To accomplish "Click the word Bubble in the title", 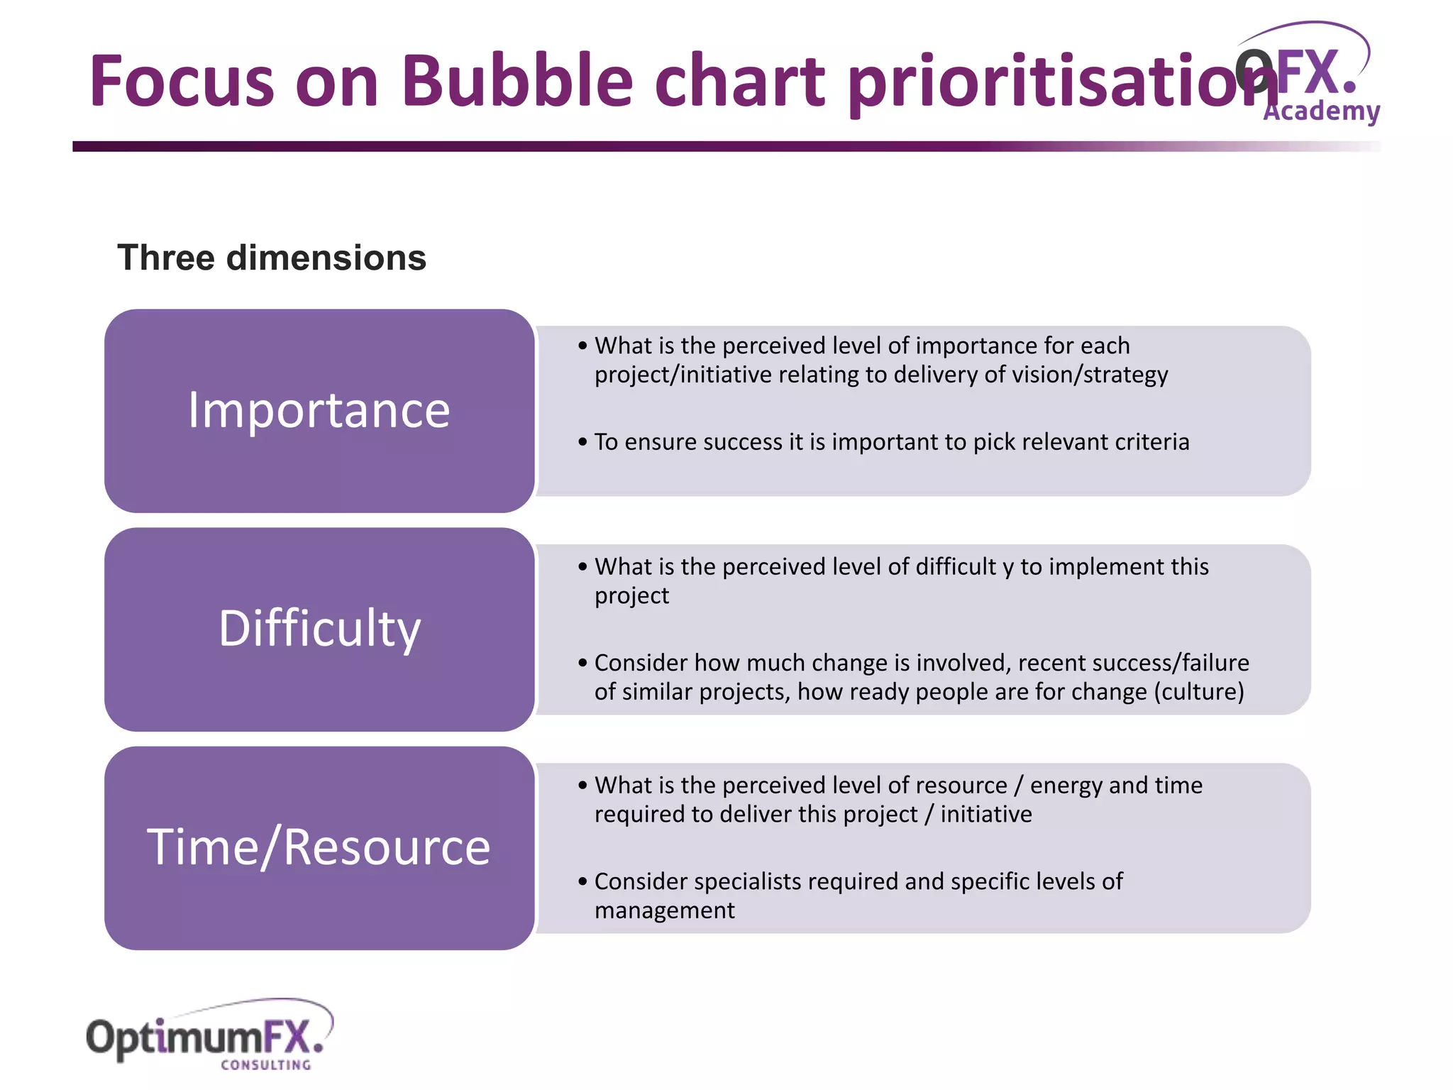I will (516, 81).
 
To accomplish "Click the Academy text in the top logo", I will (1321, 111).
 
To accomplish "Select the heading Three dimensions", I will (272, 258).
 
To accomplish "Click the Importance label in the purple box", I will (319, 411).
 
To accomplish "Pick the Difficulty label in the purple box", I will (319, 629).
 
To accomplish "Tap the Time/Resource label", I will (319, 847).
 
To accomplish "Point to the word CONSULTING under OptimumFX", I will (266, 1065).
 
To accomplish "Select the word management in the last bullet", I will (664, 910).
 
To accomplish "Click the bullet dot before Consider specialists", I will (582, 882).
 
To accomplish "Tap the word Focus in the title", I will (182, 81).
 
